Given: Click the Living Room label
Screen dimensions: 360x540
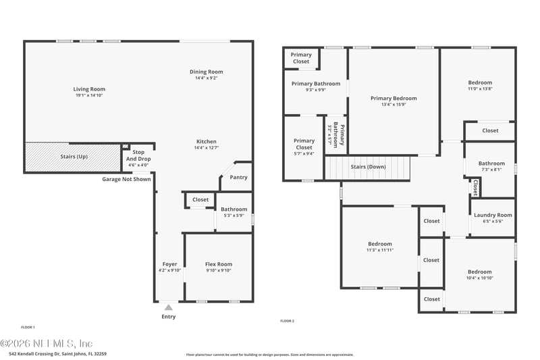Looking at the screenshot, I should click(89, 89).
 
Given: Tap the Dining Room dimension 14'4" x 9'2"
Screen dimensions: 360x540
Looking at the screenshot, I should click(206, 78).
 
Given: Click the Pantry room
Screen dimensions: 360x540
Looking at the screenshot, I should click(238, 178).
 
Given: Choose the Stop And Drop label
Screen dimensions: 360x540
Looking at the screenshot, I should click(138, 156).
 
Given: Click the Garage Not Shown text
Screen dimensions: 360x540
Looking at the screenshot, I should click(126, 180).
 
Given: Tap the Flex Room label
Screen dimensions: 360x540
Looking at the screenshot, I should click(218, 264).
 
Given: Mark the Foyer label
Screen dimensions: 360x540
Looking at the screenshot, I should click(169, 264).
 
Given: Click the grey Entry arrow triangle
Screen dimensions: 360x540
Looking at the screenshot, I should click(169, 307).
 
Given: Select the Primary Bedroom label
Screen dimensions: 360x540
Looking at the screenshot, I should click(394, 98).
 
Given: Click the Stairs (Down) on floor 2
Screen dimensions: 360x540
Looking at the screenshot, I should click(368, 167).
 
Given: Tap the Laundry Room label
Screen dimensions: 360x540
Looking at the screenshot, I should click(493, 215).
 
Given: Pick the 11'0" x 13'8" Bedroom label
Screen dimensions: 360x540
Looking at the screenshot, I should click(480, 82).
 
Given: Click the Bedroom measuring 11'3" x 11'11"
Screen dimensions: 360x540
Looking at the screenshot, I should click(379, 244).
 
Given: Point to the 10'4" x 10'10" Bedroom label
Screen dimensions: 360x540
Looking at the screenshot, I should click(480, 272).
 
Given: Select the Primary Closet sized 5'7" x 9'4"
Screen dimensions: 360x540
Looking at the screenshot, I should click(304, 144).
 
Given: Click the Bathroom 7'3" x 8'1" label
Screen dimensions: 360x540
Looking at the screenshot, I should click(491, 163).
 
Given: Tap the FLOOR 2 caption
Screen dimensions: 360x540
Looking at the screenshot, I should click(287, 321).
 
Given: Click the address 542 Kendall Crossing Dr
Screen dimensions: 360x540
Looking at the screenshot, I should click(57, 353).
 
